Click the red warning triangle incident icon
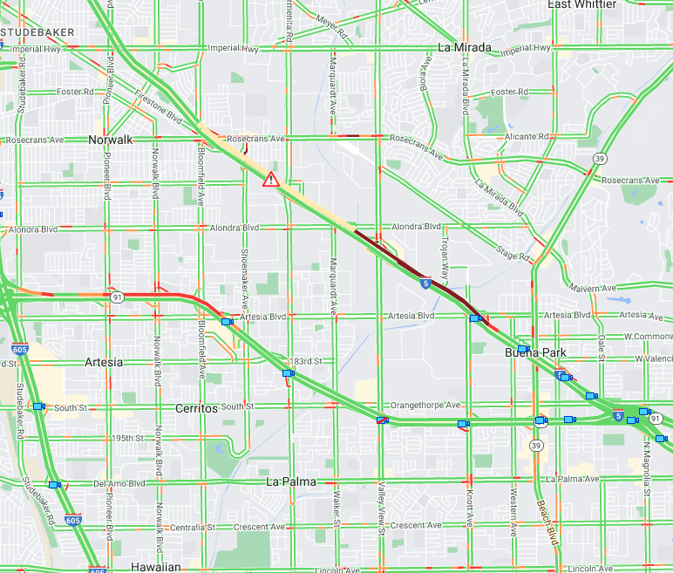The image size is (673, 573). (x=271, y=180)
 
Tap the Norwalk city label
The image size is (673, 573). (x=111, y=140)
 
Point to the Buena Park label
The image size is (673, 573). (x=536, y=353)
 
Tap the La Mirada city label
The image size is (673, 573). (x=465, y=47)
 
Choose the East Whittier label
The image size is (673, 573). (x=582, y=5)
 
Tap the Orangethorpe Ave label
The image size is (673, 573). (x=425, y=406)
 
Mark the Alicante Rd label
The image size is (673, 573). (x=527, y=137)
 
